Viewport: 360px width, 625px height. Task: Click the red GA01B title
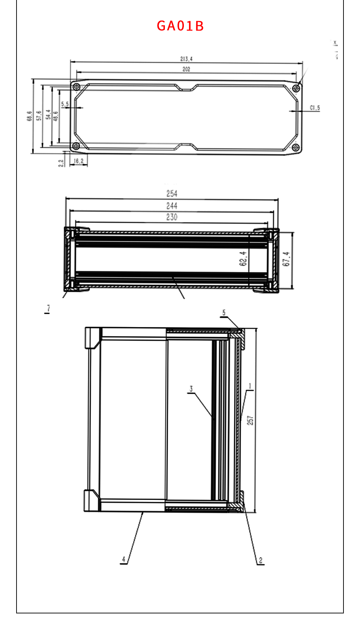click(x=180, y=26)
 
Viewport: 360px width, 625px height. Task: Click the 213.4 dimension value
click(x=186, y=59)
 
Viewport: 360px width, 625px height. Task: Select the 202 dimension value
click(x=186, y=69)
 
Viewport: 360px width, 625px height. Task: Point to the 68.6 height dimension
click(x=30, y=116)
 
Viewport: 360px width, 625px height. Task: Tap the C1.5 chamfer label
click(x=315, y=108)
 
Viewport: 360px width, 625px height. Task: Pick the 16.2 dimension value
click(x=79, y=161)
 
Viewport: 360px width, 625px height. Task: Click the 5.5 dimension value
click(x=65, y=104)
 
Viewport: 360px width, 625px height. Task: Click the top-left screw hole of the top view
click(x=76, y=87)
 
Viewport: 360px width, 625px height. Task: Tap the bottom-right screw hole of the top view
click(x=296, y=147)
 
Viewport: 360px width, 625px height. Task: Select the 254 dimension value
click(x=172, y=194)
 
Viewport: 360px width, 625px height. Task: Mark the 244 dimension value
click(x=172, y=206)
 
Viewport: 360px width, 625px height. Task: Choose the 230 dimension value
click(x=172, y=217)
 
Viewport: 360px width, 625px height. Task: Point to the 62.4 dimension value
click(x=243, y=259)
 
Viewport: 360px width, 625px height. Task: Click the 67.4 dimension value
click(x=287, y=259)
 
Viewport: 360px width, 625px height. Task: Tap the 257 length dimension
click(x=250, y=421)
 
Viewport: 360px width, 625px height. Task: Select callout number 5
click(x=224, y=312)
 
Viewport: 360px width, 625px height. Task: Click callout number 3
click(x=191, y=389)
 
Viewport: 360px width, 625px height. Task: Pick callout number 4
click(x=123, y=559)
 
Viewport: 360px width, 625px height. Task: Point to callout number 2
click(x=261, y=560)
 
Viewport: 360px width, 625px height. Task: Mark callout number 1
click(x=250, y=386)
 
